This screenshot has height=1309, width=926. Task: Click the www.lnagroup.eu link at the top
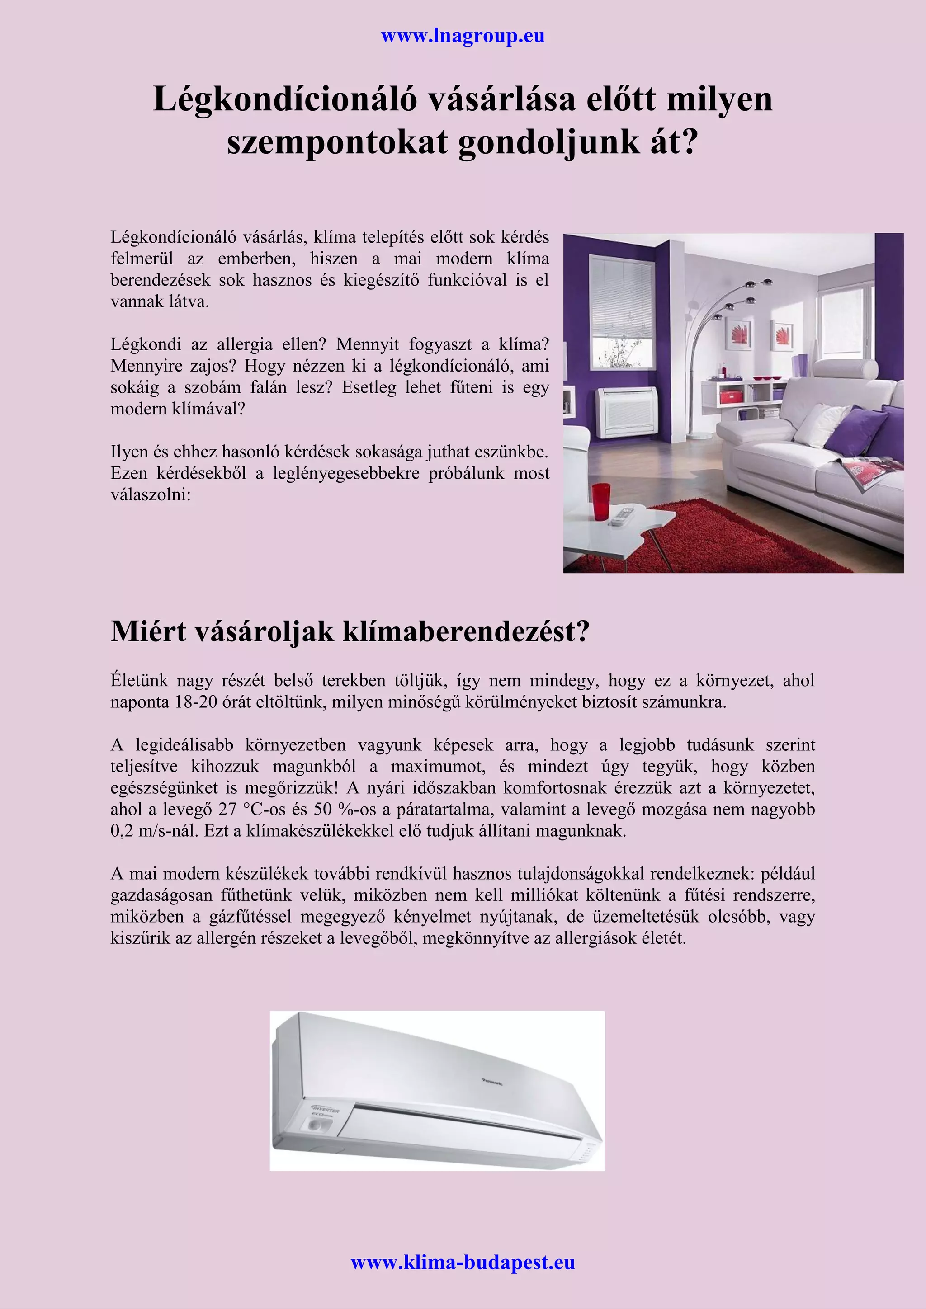click(463, 36)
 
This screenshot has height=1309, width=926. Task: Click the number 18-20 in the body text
click(196, 702)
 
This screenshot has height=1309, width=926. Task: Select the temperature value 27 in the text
click(227, 810)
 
